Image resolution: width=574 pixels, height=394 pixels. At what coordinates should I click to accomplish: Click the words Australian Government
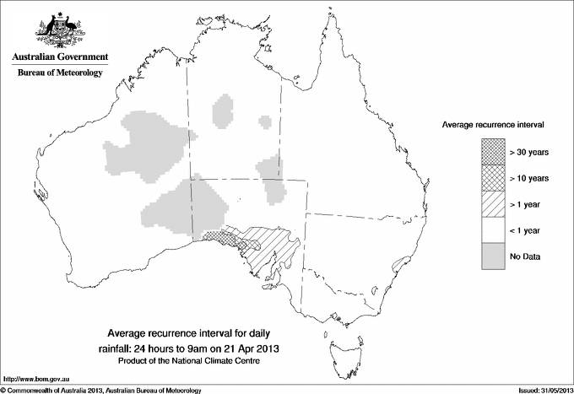(59, 57)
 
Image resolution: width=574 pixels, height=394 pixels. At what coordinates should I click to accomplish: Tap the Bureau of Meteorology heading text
(59, 73)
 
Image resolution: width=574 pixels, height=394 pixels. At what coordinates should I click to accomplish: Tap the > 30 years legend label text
(529, 152)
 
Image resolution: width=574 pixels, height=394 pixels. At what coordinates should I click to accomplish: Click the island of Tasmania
(339, 343)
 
